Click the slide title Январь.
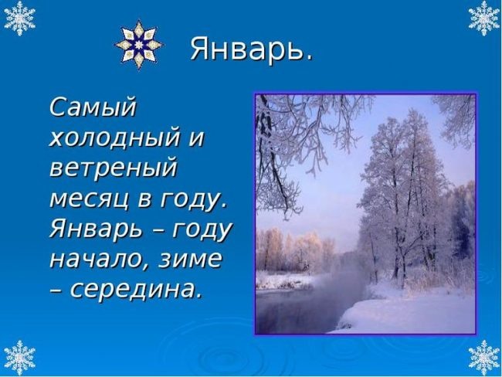(x=251, y=49)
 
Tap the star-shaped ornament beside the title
(x=138, y=45)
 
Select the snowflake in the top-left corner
(x=19, y=19)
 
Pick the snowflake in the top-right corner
(x=483, y=19)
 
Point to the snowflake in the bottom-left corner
(x=19, y=357)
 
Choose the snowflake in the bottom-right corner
(x=483, y=357)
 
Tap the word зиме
(x=189, y=259)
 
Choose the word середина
(x=136, y=289)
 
